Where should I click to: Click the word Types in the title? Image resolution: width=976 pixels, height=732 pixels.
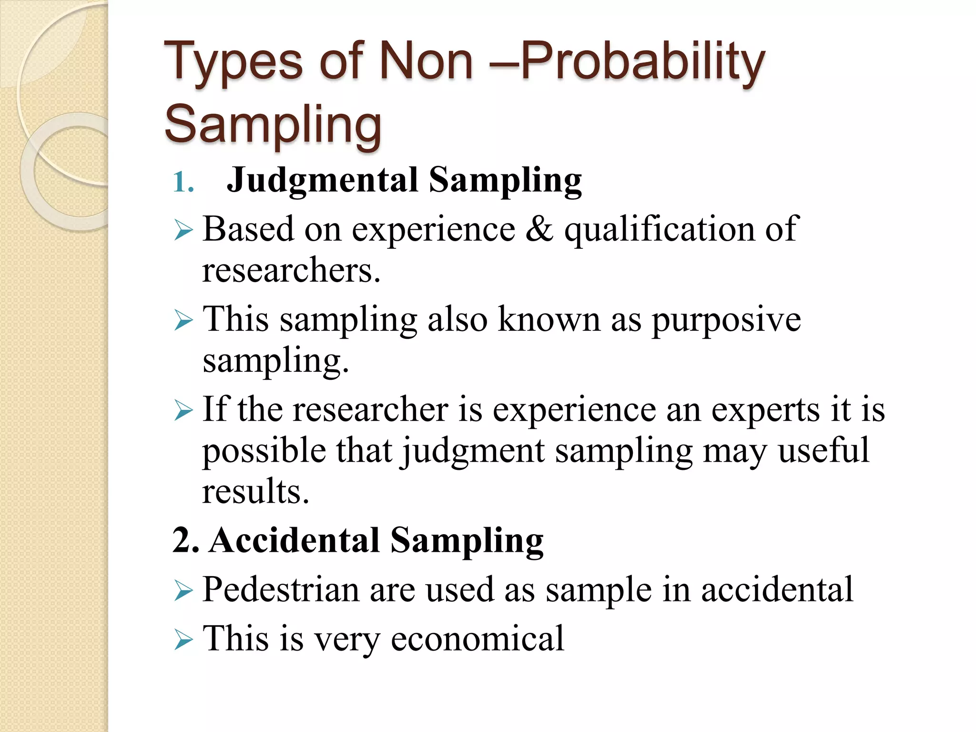click(234, 62)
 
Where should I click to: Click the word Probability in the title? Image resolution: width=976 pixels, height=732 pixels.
click(643, 62)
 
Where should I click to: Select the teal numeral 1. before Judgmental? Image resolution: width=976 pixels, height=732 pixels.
click(183, 182)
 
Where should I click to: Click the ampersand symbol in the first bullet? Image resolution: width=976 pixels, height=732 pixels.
click(540, 229)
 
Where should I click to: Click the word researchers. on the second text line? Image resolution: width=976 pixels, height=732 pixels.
click(291, 270)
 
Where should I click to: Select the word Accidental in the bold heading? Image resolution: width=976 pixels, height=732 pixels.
click(295, 540)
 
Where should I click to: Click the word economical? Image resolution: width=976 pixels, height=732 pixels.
click(477, 639)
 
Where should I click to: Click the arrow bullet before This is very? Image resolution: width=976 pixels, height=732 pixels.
click(183, 639)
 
